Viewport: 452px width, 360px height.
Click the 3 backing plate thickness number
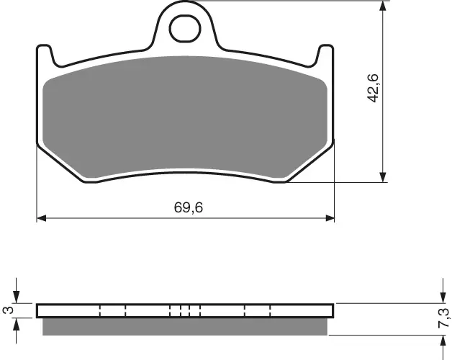point(8,310)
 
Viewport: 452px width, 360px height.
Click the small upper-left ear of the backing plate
point(44,52)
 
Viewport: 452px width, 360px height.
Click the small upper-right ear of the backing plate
point(327,52)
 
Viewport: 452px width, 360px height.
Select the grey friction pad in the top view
point(185,115)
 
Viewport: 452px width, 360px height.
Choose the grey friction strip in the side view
point(185,327)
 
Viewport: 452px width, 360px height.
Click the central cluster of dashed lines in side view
point(185,311)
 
